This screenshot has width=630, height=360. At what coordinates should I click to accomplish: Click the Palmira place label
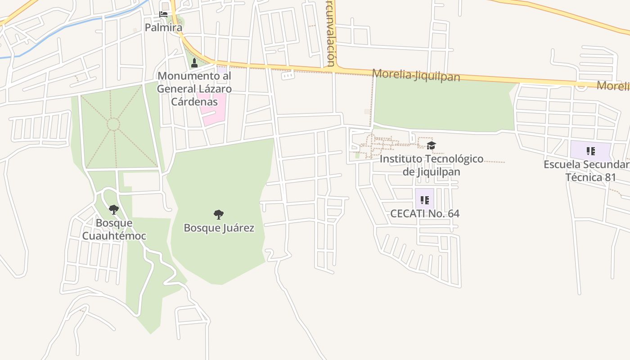[163, 27]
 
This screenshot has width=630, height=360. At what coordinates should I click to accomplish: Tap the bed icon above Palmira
[163, 14]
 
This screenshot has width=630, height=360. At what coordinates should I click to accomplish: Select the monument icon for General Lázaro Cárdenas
[194, 63]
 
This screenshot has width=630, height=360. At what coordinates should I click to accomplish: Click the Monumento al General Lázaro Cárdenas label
[194, 89]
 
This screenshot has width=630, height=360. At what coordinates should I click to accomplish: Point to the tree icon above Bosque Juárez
[219, 215]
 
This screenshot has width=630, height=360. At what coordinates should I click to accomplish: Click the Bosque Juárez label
[219, 228]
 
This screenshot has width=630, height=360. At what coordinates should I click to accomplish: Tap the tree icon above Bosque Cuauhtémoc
[114, 209]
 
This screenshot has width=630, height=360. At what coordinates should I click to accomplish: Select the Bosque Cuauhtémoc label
[114, 229]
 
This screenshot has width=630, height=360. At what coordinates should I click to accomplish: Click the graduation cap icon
[431, 145]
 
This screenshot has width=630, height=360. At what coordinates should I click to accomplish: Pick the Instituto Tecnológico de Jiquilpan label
[431, 165]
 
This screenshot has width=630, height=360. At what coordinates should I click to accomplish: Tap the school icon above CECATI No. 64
[424, 200]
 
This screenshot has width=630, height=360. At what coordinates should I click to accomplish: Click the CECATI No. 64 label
[424, 213]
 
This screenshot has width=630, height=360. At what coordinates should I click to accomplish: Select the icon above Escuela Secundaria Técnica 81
[590, 151]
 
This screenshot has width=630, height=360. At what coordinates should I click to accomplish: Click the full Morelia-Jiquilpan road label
[416, 75]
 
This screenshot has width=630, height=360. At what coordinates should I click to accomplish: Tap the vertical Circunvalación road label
[331, 34]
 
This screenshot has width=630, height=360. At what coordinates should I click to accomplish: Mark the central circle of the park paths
[113, 124]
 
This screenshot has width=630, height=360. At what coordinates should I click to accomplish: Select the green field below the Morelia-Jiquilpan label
[443, 106]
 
